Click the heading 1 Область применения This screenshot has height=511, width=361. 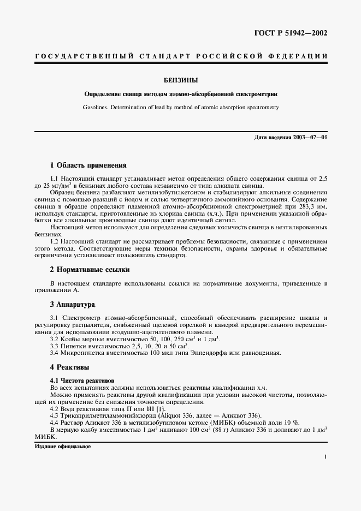click(x=88, y=165)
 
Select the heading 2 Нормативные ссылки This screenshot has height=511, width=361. click(x=90, y=269)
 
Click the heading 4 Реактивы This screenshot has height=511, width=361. click(x=69, y=367)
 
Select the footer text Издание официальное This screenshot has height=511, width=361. click(x=62, y=446)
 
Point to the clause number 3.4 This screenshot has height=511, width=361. click(x=55, y=353)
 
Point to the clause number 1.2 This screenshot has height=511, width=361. click(x=55, y=241)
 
